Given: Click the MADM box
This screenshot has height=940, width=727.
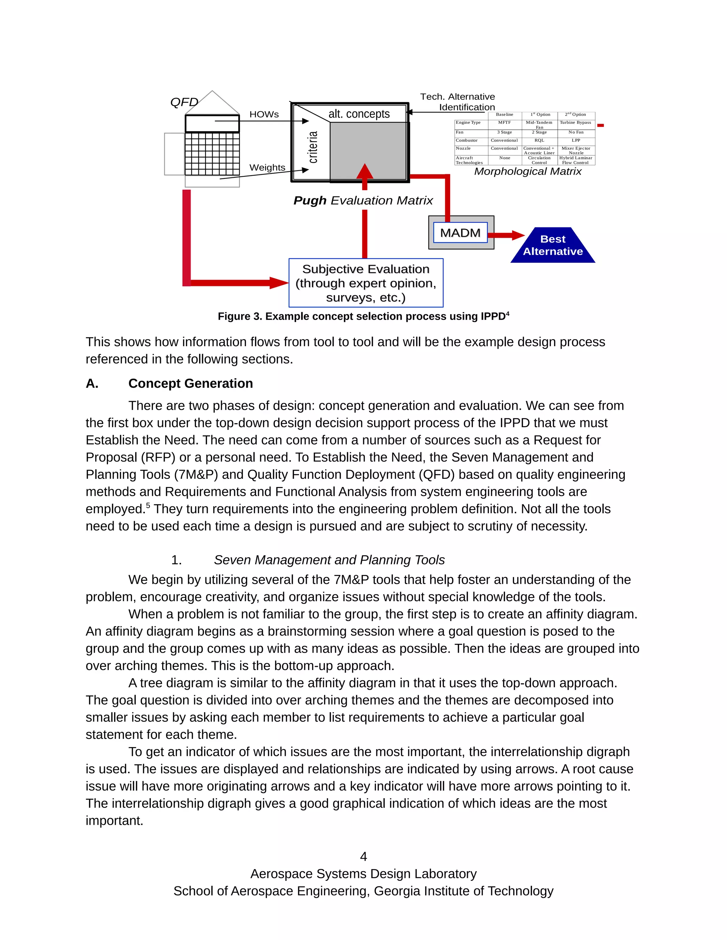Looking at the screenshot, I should click(460, 232).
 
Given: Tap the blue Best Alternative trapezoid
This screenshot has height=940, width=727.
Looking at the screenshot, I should click(553, 245).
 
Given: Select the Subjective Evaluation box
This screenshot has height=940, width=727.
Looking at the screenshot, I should click(366, 283).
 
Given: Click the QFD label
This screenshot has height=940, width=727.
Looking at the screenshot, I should click(184, 102).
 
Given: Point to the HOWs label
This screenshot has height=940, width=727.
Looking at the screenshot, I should click(264, 115).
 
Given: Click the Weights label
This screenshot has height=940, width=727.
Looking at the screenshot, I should click(267, 167).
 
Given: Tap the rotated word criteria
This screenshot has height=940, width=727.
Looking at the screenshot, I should click(313, 147).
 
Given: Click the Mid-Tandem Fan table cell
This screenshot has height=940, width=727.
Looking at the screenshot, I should click(539, 125).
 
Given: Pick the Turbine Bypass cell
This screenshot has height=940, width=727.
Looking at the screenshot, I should click(575, 123).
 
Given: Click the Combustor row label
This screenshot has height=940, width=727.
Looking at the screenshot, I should click(466, 140).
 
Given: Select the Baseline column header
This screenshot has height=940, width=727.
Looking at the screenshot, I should click(504, 115).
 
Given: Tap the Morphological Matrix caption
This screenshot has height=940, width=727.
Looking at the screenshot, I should click(528, 171).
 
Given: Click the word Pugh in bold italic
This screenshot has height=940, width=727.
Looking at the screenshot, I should click(310, 200).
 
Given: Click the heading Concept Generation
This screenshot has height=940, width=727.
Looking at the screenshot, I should click(190, 383).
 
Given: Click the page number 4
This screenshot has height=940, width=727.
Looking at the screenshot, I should click(363, 857).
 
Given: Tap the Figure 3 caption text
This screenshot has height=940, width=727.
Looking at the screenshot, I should click(363, 316).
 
